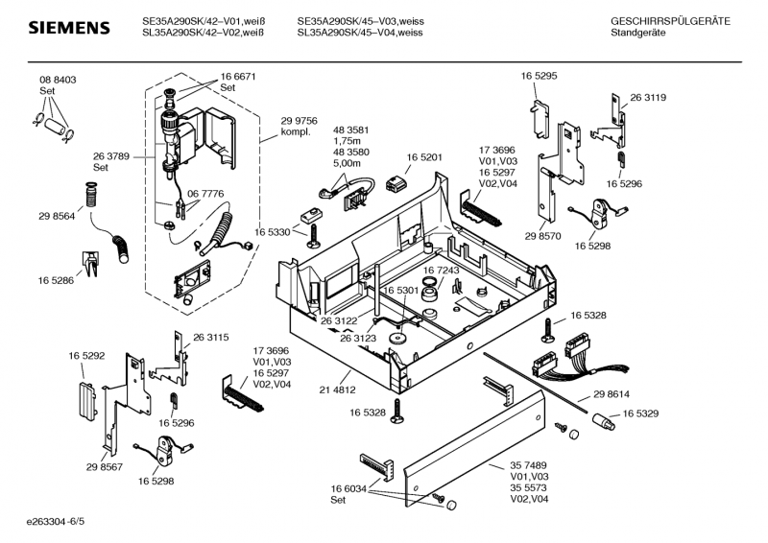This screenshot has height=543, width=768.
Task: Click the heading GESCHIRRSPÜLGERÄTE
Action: [669, 21]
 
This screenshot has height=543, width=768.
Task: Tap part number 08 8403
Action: [58, 80]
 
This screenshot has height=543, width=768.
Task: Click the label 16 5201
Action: [423, 156]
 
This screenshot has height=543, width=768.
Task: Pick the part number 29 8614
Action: [611, 394]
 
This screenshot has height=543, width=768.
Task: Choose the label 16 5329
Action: [640, 413]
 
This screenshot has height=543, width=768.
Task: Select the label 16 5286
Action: [57, 280]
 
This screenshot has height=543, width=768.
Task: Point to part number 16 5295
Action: [540, 75]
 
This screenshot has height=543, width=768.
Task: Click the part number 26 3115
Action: [210, 337]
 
